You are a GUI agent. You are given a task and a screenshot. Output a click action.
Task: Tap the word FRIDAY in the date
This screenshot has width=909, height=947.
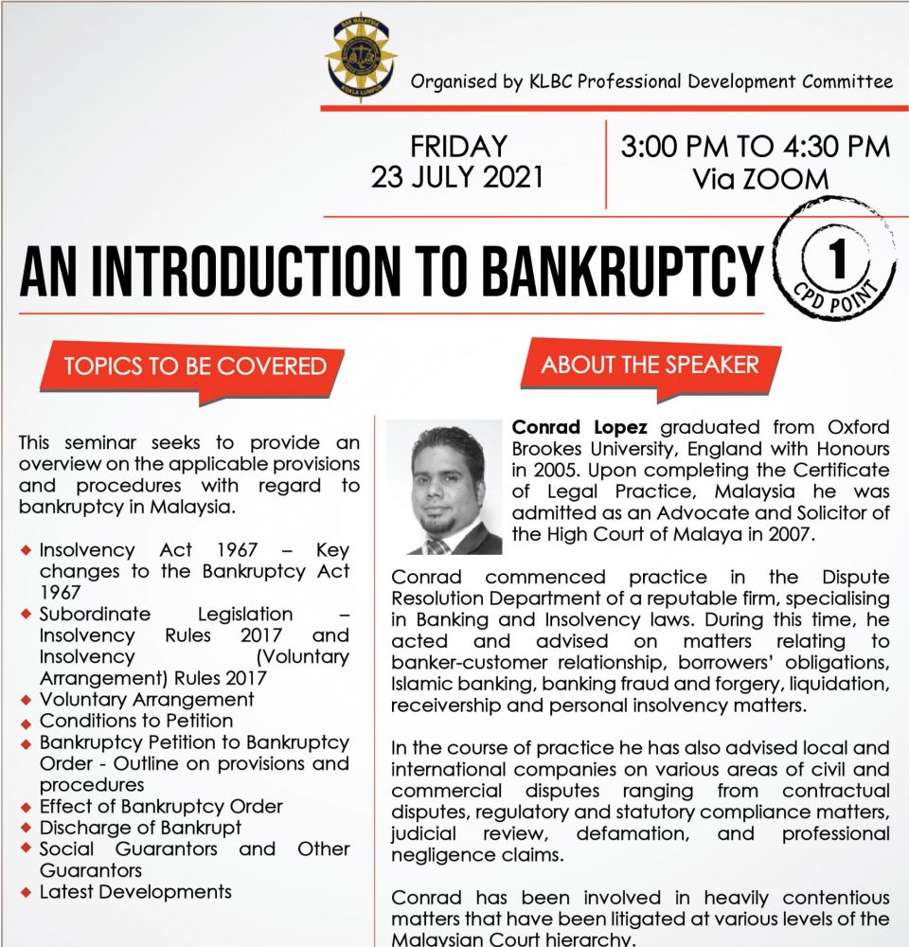tap(458, 148)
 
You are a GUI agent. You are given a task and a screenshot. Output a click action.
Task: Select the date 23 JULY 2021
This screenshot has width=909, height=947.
tap(457, 177)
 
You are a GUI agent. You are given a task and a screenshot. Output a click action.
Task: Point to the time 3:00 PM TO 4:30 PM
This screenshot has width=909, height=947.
tap(755, 148)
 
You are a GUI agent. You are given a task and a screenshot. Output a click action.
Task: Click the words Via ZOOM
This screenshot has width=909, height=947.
tap(755, 178)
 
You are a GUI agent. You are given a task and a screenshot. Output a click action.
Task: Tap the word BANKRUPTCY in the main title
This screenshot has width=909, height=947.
tap(622, 271)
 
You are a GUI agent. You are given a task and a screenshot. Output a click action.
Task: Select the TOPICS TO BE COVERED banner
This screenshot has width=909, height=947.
tap(195, 366)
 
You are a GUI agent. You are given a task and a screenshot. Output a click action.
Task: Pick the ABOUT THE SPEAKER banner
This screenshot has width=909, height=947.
tap(650, 365)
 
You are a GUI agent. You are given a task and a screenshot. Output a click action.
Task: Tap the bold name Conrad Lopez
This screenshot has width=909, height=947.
tap(580, 426)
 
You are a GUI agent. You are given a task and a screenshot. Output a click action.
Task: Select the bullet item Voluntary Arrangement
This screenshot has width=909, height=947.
tap(147, 700)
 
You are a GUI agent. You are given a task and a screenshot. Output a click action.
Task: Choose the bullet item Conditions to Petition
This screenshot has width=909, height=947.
tap(136, 721)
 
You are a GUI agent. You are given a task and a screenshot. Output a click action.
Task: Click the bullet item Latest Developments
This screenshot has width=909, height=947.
tap(135, 891)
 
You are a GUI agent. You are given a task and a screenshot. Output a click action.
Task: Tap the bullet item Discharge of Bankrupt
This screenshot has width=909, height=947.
tap(140, 828)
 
